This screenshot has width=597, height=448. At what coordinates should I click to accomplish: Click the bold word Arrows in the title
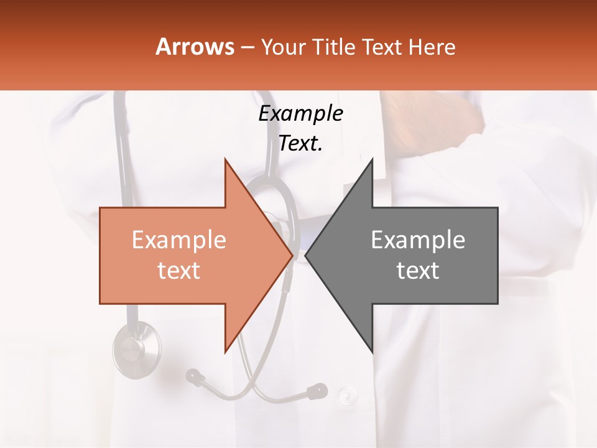point(195,47)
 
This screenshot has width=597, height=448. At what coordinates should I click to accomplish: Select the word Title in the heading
point(333,47)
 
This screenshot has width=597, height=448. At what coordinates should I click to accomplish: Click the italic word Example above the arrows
point(301,114)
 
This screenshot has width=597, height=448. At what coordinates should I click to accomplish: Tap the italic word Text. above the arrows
point(301,144)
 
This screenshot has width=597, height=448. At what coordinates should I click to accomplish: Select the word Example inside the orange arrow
point(179,240)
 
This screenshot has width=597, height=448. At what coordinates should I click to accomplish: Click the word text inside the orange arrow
point(179,270)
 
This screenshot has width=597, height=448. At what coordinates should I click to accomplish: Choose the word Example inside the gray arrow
point(418,240)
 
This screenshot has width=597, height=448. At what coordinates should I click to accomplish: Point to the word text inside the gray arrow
point(418,270)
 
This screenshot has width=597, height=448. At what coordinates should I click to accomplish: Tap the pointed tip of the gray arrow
point(306,255)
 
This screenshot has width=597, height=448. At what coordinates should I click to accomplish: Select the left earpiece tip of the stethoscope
point(195,375)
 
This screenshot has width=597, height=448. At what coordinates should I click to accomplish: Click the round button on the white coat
point(347,394)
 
